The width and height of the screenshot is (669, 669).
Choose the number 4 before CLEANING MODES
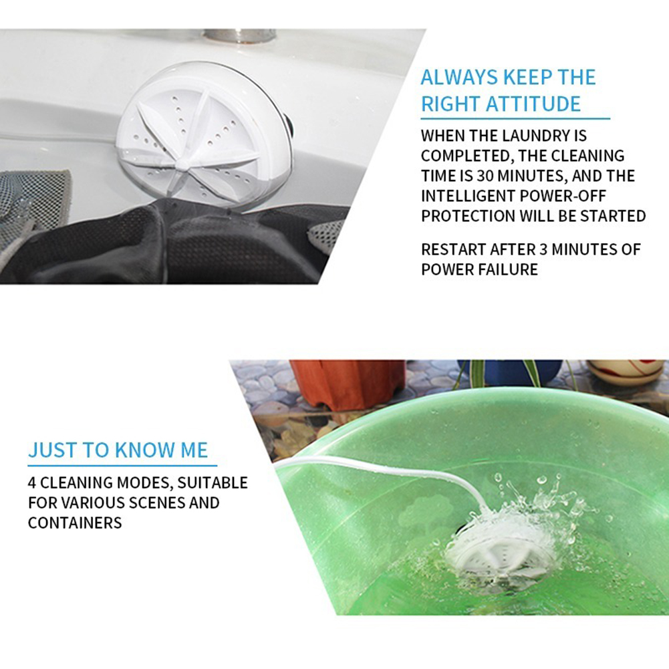[32, 483]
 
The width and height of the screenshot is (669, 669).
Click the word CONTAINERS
[75, 523]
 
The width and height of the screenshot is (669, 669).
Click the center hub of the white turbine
[182, 163]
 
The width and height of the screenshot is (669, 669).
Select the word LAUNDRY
[521, 136]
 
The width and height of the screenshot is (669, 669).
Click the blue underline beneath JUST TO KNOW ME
[122, 465]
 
